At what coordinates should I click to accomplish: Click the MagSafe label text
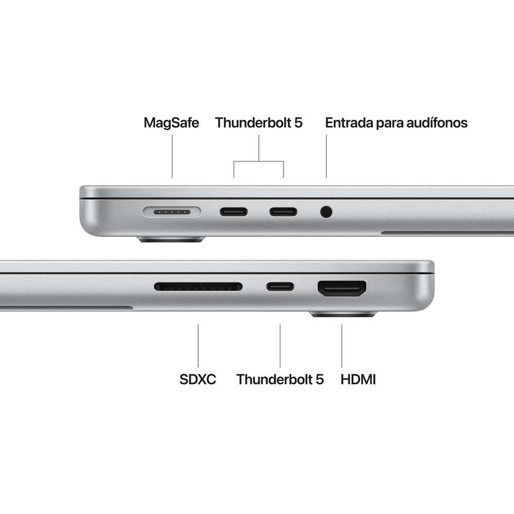(x=171, y=123)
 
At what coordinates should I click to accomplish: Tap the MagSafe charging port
(x=172, y=211)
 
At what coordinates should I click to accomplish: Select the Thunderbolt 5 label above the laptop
(x=259, y=123)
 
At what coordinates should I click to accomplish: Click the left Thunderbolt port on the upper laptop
(x=234, y=211)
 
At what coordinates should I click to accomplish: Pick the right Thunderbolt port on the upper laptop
(x=283, y=211)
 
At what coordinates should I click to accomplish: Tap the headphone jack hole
(x=326, y=211)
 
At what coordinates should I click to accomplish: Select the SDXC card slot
(x=198, y=286)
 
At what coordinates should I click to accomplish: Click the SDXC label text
(x=198, y=379)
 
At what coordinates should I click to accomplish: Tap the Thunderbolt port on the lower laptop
(x=280, y=286)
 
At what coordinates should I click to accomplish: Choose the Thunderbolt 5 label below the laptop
(x=280, y=379)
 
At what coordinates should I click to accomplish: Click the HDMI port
(x=342, y=288)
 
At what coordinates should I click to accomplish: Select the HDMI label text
(x=358, y=379)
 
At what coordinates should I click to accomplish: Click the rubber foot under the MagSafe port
(x=171, y=239)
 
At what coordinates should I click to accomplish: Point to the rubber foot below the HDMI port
(x=343, y=314)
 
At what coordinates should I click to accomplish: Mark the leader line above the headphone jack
(x=326, y=156)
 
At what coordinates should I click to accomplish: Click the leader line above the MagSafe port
(x=172, y=156)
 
